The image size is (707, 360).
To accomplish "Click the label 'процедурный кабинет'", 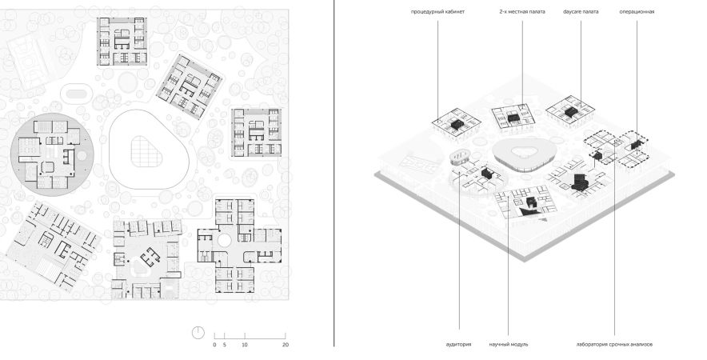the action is coord(437,12).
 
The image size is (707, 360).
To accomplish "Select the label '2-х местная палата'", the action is coord(521,12).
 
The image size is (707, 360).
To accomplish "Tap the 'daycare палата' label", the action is coord(581,12).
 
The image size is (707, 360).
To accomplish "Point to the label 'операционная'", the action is coord(637,12).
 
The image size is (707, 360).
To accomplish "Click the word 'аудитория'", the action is coord(458,344).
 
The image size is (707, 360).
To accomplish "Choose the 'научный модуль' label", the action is coord(509,344).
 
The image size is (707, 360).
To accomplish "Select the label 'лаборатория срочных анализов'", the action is coord(614,344).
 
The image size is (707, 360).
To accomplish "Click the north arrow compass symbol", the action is coord(198,333).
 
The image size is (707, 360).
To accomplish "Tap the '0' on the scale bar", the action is coord(214,345).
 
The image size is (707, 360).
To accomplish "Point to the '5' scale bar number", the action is coord(224,345).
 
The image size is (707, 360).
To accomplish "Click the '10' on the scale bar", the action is coord(245,345).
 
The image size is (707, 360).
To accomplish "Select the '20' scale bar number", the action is coord(286,345).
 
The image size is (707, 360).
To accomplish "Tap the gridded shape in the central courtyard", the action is coord(146,151).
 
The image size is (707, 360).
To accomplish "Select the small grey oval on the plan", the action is coord(76,94).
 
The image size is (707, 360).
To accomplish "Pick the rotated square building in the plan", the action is coord(190,86).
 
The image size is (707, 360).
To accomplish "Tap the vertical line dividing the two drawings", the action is coord(334,174).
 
